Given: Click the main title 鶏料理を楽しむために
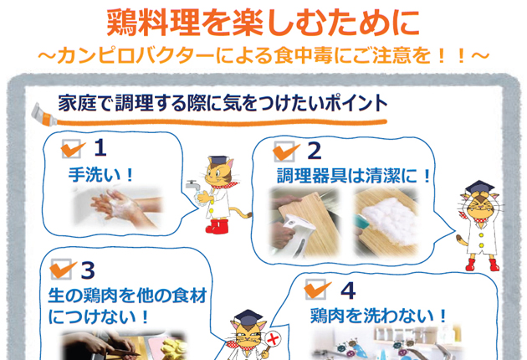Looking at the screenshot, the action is point(263,23).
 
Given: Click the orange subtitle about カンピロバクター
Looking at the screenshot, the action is point(263,55).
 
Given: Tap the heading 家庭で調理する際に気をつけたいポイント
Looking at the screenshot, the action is point(223,103).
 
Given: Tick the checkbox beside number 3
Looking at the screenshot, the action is point(62,269).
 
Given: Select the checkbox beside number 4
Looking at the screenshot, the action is point(316,290).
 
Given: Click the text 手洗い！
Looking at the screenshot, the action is point(101,175).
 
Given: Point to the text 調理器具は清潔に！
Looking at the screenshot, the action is point(354,176).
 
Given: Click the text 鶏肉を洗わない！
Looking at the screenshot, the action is point(378,316).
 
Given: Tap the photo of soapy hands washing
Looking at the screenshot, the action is point(118,207).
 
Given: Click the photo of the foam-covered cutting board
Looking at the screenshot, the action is point(386,221).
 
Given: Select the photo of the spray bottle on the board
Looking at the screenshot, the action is point(304,222).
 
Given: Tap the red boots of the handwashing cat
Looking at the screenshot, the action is point(217,226).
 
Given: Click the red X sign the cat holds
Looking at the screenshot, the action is point(273,339).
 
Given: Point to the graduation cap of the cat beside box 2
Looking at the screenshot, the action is point(479,187).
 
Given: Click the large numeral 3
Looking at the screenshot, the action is point(88,270).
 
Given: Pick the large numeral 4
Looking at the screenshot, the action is point(349,291).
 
